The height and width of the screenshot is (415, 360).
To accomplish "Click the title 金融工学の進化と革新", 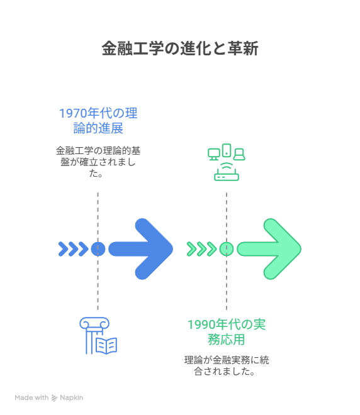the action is [x=180, y=48].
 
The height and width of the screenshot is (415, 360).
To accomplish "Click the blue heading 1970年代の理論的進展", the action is [x=98, y=121].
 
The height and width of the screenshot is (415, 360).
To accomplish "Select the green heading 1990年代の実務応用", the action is [x=227, y=332].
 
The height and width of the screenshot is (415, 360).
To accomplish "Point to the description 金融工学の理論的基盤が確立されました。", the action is [x=98, y=162].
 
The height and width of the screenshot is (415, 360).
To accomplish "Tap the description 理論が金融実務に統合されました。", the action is [x=227, y=365].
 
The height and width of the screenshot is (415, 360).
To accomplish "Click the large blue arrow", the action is [x=141, y=249].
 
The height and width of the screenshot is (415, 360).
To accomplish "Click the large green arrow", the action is [x=269, y=249].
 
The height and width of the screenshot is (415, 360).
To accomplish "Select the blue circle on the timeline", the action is [x=98, y=249].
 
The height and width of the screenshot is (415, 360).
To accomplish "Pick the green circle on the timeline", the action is [x=227, y=249].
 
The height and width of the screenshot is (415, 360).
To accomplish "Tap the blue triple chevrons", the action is [x=73, y=249].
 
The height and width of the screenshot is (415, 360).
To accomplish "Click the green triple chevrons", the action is [x=201, y=249].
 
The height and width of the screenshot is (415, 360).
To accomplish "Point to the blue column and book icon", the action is [x=98, y=336].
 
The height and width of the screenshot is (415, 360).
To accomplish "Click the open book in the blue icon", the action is [x=106, y=346].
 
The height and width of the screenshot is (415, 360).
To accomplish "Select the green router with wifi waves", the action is [x=227, y=172].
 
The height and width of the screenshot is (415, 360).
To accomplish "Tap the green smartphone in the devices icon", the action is [x=227, y=150].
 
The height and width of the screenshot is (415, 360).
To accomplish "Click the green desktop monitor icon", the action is [x=214, y=154].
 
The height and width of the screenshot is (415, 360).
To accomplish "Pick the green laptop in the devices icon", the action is [x=239, y=154].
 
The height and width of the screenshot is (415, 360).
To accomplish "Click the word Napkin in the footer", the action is [x=72, y=397].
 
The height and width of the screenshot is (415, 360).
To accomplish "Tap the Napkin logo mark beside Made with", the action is [x=54, y=398].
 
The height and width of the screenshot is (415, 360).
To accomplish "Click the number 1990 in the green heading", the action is [x=201, y=324].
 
